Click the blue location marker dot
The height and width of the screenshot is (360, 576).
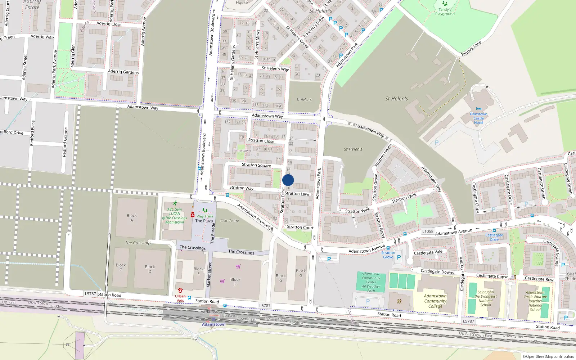click(288, 180)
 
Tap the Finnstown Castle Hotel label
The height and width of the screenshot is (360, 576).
click(478, 118)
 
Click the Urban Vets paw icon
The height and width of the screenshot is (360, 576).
click(180, 290)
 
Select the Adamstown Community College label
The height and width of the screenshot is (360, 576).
click(435, 301)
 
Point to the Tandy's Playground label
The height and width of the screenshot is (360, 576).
click(445, 12)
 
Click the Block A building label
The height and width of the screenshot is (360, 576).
click(132, 218)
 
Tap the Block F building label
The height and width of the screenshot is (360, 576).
click(235, 282)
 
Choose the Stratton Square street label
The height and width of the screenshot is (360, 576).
click(256, 165)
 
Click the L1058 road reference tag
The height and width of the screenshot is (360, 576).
click(428, 231)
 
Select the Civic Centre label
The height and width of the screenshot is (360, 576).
click(230, 221)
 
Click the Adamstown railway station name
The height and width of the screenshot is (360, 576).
click(213, 324)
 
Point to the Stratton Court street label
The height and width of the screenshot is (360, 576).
click(300, 227)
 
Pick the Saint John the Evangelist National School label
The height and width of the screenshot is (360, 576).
click(486, 299)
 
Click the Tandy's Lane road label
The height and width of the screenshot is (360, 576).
click(471, 49)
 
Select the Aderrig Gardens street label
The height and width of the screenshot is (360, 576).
click(123, 72)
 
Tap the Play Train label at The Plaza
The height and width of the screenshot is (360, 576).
click(205, 216)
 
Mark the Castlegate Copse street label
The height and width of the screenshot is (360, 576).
click(492, 276)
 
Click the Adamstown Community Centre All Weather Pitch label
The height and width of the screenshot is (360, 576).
click(371, 282)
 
